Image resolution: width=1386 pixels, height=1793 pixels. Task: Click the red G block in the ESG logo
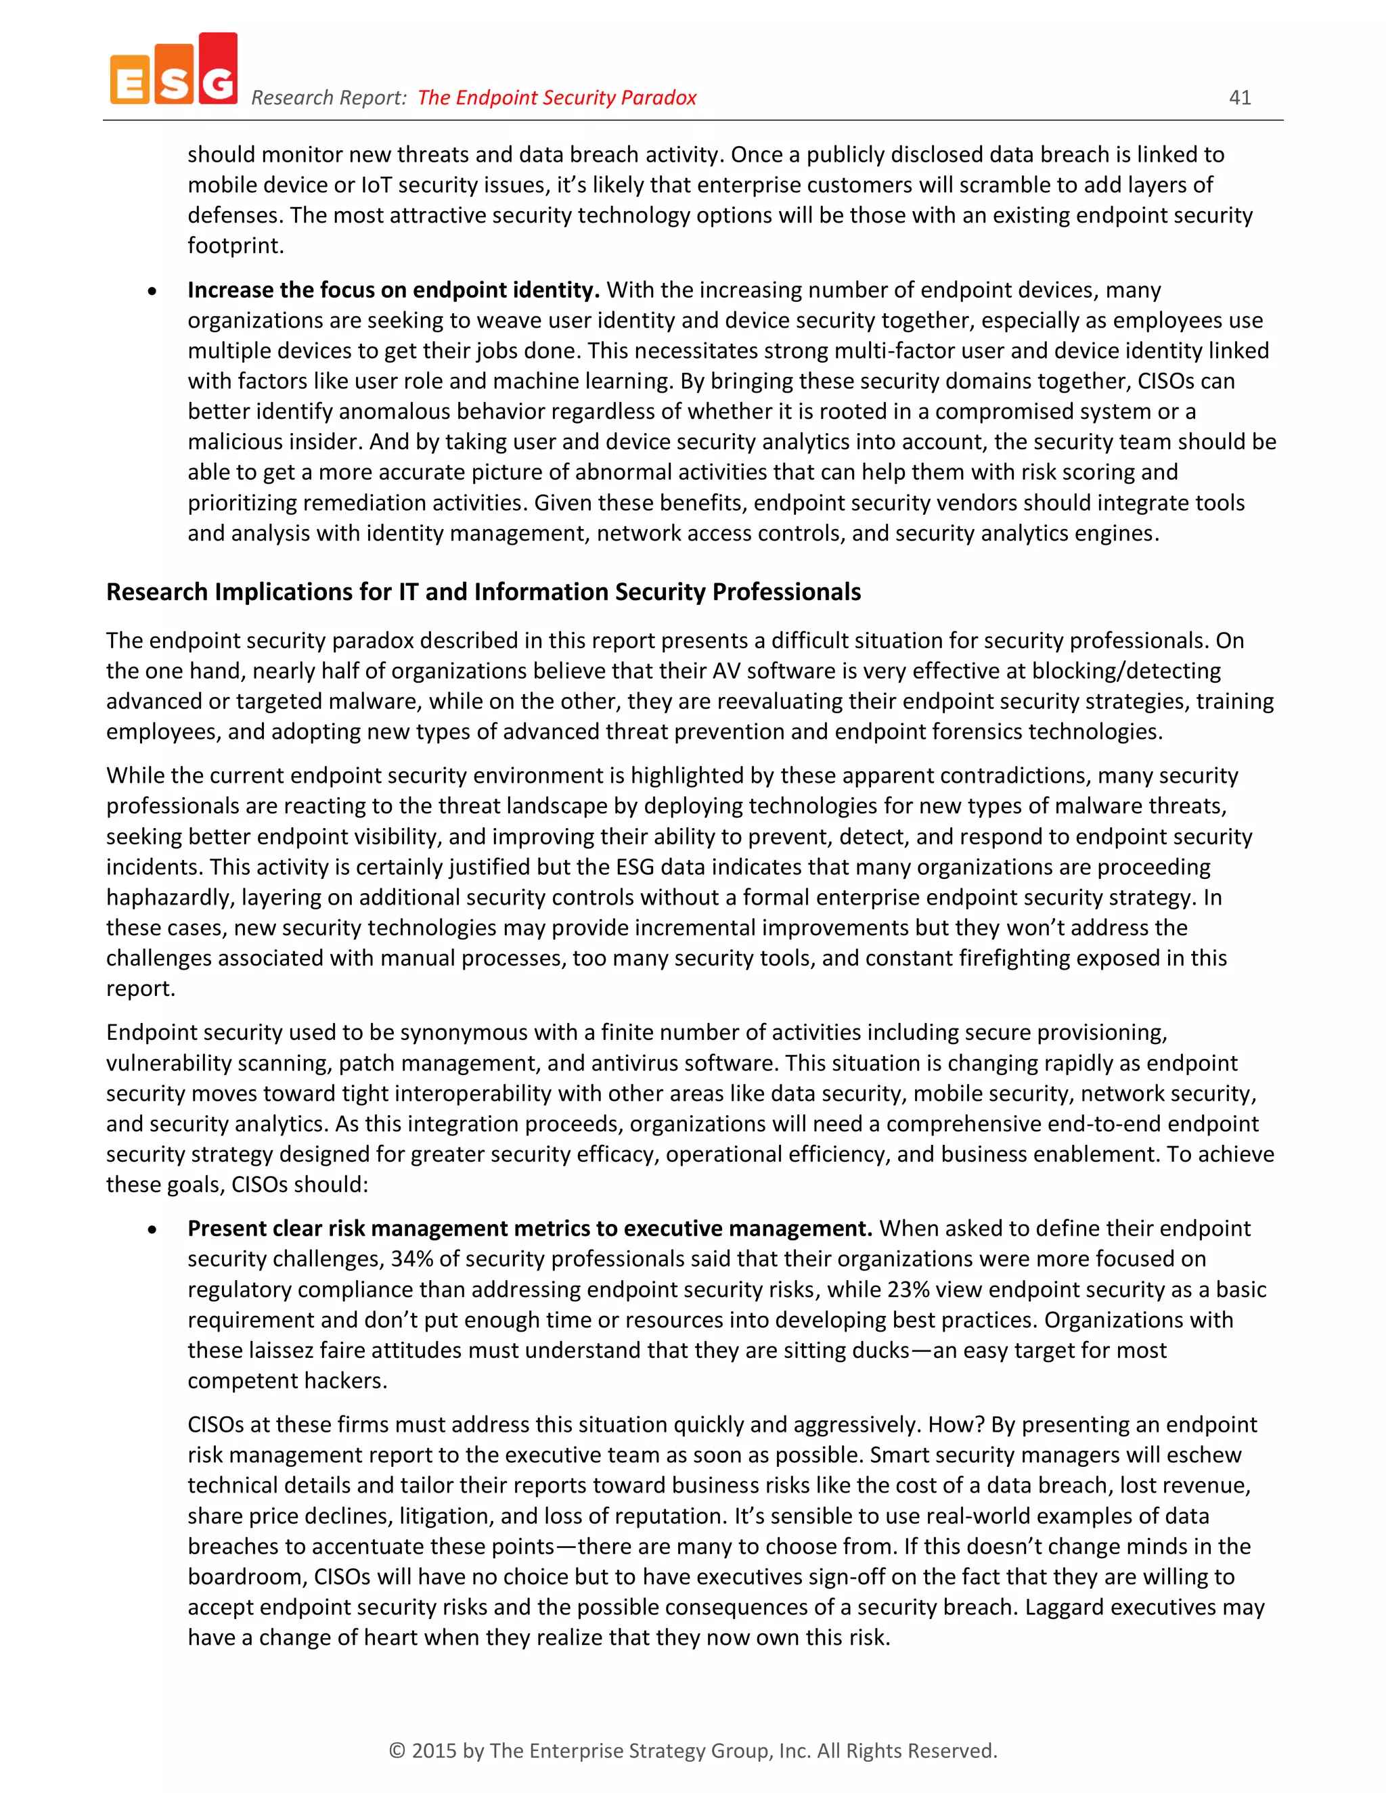click(x=219, y=70)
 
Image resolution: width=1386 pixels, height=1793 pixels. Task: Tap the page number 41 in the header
click(x=1240, y=97)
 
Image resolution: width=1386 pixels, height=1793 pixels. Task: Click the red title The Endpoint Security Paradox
click(x=557, y=97)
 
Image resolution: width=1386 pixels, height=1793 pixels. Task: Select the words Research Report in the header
click(x=328, y=97)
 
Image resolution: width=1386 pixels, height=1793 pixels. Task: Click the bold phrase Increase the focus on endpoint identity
click(x=393, y=290)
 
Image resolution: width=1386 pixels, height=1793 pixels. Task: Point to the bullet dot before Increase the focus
click(x=152, y=292)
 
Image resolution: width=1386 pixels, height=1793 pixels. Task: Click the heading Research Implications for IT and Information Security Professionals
click(x=483, y=592)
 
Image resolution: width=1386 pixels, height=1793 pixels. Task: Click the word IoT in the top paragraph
click(x=376, y=185)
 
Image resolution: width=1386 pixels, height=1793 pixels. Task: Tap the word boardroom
click(x=247, y=1576)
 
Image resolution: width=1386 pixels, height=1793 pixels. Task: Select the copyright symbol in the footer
click(x=397, y=1751)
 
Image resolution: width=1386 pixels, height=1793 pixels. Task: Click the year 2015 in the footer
click(x=434, y=1751)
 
